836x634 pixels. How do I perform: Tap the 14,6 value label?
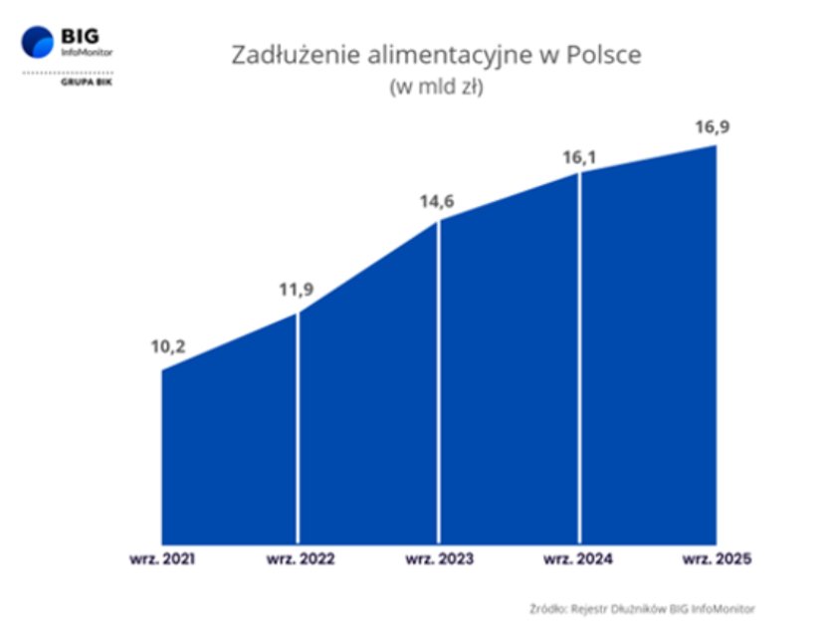(437, 201)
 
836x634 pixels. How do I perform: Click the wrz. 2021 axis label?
(160, 558)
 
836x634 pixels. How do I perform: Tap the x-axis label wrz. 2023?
(439, 558)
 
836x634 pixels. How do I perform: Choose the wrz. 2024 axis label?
(578, 558)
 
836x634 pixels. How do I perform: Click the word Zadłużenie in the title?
(284, 56)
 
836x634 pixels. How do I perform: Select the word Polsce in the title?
(603, 56)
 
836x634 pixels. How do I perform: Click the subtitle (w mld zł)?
(437, 88)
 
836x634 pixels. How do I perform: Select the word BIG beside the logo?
(80, 35)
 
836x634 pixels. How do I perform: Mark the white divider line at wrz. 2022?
(298, 428)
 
